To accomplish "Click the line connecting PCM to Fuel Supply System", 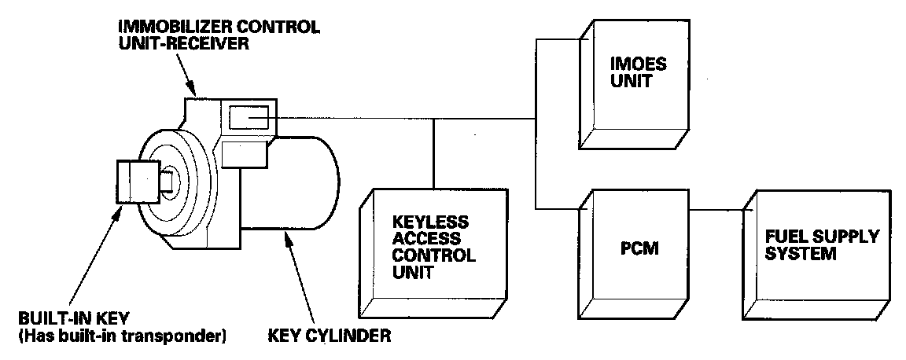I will click(715, 210).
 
